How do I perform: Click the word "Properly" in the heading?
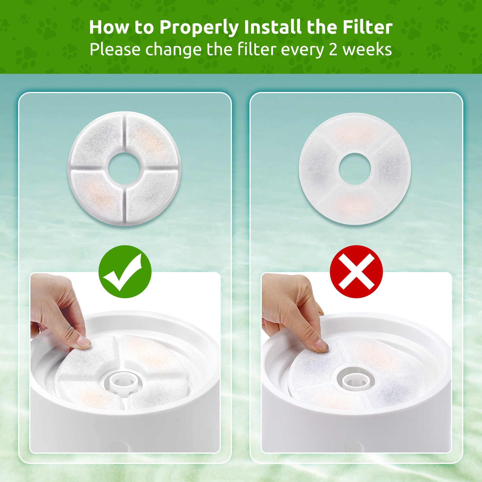(199, 28)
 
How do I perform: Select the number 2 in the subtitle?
(333, 50)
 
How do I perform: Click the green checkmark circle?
(125, 272)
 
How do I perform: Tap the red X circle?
(356, 272)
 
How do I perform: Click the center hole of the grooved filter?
(124, 168)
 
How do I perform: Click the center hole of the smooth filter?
(355, 169)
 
